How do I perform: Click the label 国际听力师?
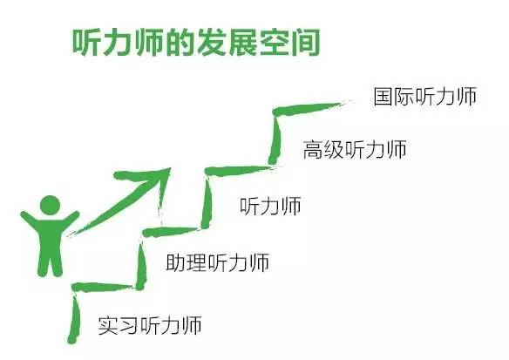tap(424, 96)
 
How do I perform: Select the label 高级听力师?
tap(355, 150)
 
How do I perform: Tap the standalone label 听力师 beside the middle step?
tap(270, 206)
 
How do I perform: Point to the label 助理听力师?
tap(217, 262)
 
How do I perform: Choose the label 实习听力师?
tap(150, 325)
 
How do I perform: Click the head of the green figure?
tap(50, 205)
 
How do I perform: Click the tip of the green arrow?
tap(170, 169)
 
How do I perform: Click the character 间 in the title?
tap(305, 43)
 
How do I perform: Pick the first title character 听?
tap(86, 43)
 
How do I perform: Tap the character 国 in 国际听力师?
tap(383, 96)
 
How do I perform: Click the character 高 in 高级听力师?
tap(313, 150)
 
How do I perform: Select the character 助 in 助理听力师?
tap(175, 262)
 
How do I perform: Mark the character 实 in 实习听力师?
tap(108, 325)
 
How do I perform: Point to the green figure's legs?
tap(50, 260)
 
